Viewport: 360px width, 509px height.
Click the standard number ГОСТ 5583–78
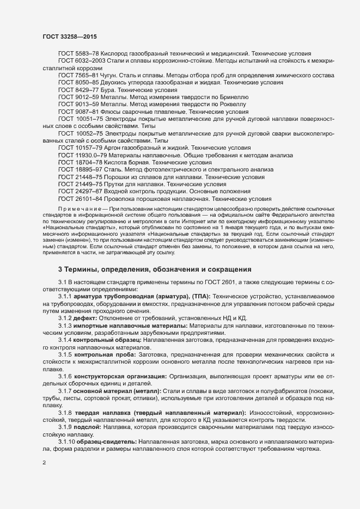tap(77, 53)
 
